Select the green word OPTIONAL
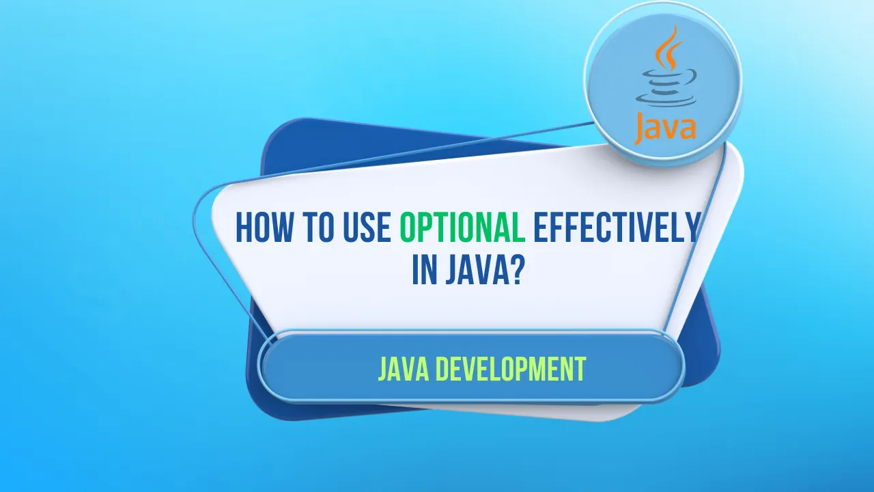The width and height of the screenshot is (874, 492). point(462,228)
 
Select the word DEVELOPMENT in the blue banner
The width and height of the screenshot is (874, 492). point(511,370)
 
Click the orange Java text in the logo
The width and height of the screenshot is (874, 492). point(664,128)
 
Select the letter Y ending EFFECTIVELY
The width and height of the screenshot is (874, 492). point(692,228)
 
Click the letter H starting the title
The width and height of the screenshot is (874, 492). point(243,228)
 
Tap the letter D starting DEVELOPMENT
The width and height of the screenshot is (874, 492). point(443,370)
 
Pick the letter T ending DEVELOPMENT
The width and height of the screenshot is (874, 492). point(580,370)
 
